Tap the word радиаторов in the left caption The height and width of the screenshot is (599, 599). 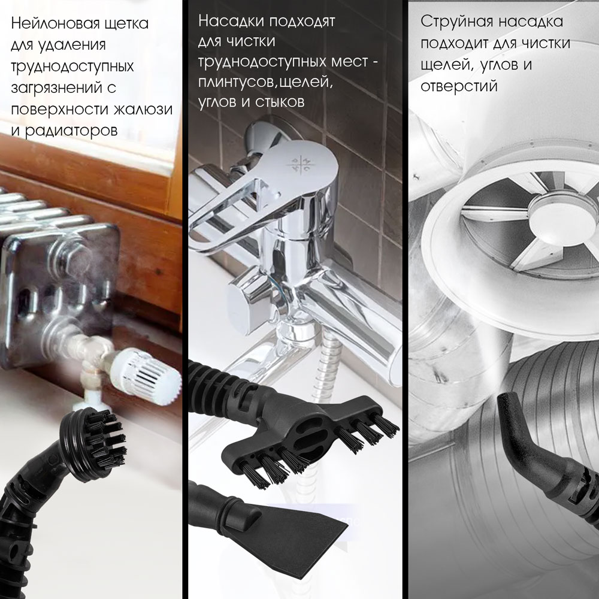pyautogui.click(x=71, y=131)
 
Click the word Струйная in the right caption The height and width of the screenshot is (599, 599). pyautogui.click(x=453, y=22)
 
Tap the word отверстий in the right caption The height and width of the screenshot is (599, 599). pyautogui.click(x=459, y=86)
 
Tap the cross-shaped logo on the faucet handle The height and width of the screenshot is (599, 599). pyautogui.click(x=300, y=165)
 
